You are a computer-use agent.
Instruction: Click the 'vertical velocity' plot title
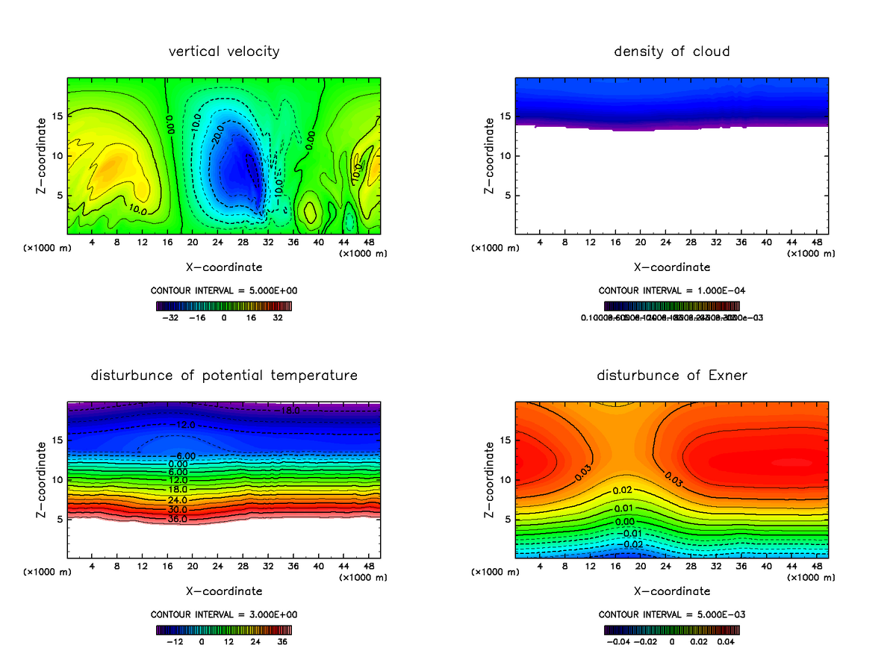pyautogui.click(x=224, y=52)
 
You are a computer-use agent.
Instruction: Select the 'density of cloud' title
pyautogui.click(x=671, y=52)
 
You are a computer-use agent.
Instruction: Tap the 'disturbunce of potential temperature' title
pyautogui.click(x=224, y=376)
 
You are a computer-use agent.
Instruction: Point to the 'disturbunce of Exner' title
pyautogui.click(x=671, y=376)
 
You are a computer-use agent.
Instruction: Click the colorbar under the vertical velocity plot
pyautogui.click(x=224, y=305)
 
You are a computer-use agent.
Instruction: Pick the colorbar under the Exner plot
pyautogui.click(x=671, y=629)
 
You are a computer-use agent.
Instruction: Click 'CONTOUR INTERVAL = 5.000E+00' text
pyautogui.click(x=224, y=290)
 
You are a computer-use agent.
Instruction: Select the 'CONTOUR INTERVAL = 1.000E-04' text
pyautogui.click(x=671, y=290)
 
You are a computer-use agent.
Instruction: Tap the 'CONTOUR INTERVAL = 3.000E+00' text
pyautogui.click(x=224, y=614)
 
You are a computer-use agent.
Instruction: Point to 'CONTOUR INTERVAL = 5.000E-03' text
pyautogui.click(x=671, y=614)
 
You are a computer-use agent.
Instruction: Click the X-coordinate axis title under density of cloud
pyautogui.click(x=671, y=267)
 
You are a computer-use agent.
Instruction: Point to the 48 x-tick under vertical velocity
pyautogui.click(x=368, y=242)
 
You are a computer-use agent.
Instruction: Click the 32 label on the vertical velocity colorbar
pyautogui.click(x=277, y=317)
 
